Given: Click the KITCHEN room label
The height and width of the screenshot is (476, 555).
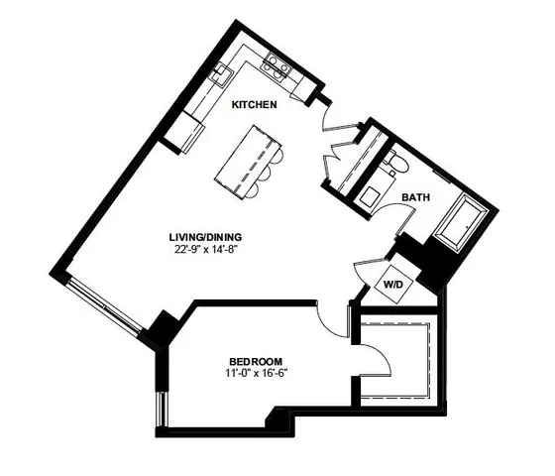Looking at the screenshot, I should (x=254, y=104).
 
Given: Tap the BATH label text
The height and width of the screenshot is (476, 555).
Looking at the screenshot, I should (x=415, y=198).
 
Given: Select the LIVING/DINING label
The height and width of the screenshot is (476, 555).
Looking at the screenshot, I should (x=205, y=237).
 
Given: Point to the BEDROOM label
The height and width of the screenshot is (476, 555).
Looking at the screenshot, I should (x=256, y=360).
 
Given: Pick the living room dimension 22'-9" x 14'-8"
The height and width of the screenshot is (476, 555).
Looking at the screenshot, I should (x=205, y=250).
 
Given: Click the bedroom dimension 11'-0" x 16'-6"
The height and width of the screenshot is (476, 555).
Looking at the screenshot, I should (x=256, y=373).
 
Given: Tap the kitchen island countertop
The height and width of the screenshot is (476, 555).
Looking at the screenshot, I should (x=244, y=158).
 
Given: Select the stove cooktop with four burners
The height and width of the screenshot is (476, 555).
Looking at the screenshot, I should (x=276, y=67).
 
